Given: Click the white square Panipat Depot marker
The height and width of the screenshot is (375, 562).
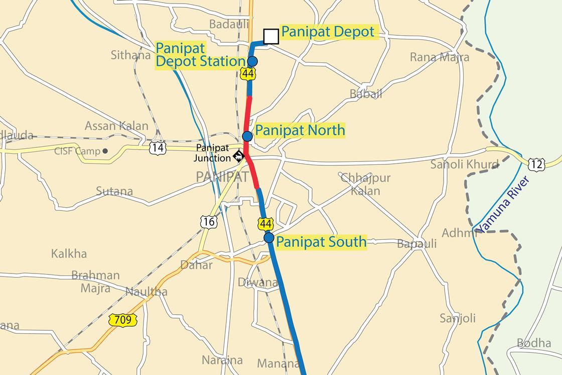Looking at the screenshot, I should (271, 37).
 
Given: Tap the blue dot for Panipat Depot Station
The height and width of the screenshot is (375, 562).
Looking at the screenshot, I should (252, 61).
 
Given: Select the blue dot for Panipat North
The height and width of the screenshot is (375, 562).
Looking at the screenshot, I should (247, 136).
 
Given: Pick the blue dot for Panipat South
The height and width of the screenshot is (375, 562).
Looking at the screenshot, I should (269, 238).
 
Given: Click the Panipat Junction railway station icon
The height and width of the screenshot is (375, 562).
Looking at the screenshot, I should (239, 156).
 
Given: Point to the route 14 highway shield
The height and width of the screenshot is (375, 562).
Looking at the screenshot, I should (158, 148).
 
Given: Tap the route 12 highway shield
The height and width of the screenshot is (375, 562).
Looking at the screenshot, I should (536, 164).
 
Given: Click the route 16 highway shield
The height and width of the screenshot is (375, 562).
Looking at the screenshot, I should (208, 221).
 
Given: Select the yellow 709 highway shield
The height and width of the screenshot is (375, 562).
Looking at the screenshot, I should (122, 320).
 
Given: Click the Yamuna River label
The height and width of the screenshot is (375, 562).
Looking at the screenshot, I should (503, 205).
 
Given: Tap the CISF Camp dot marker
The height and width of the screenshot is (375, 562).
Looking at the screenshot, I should (105, 151).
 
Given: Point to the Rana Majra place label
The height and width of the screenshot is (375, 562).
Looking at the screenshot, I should (440, 57).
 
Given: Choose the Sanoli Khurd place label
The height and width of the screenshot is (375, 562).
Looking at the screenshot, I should (464, 164).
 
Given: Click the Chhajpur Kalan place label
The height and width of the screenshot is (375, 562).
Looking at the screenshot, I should (365, 184).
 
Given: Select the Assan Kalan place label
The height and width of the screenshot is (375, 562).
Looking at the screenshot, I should (116, 126).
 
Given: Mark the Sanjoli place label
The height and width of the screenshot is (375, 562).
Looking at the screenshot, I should (457, 318).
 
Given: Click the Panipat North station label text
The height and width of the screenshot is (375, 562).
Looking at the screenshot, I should (300, 130).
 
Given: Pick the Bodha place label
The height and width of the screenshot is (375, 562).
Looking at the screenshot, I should (534, 343).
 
